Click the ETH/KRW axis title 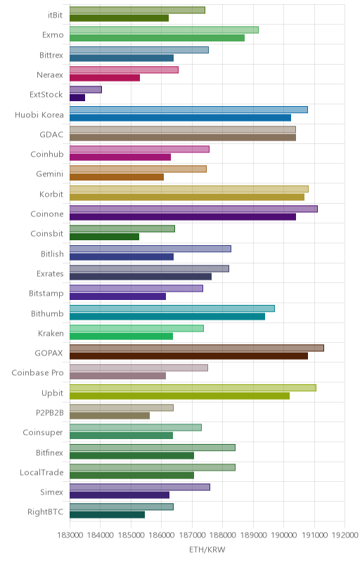pos(207,549)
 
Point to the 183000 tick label pos(70,535)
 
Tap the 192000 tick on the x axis pos(345,535)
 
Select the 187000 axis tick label pos(192,535)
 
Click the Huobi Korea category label pos(39,115)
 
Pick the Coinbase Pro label pos(37,372)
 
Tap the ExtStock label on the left pos(46,95)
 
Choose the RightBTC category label pos(45,511)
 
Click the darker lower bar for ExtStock pos(77,98)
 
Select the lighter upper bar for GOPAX pos(197,348)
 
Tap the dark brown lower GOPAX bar pos(188,356)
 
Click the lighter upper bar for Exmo pos(164,30)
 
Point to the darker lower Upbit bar pos(179,396)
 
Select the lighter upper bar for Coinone pos(193,209)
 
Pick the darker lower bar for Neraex pos(105,78)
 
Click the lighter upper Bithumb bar pos(172,308)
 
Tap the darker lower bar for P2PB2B pos(110,415)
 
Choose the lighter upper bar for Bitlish pos(150,249)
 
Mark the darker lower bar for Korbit pos(187,197)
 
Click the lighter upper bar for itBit pos(137,10)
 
